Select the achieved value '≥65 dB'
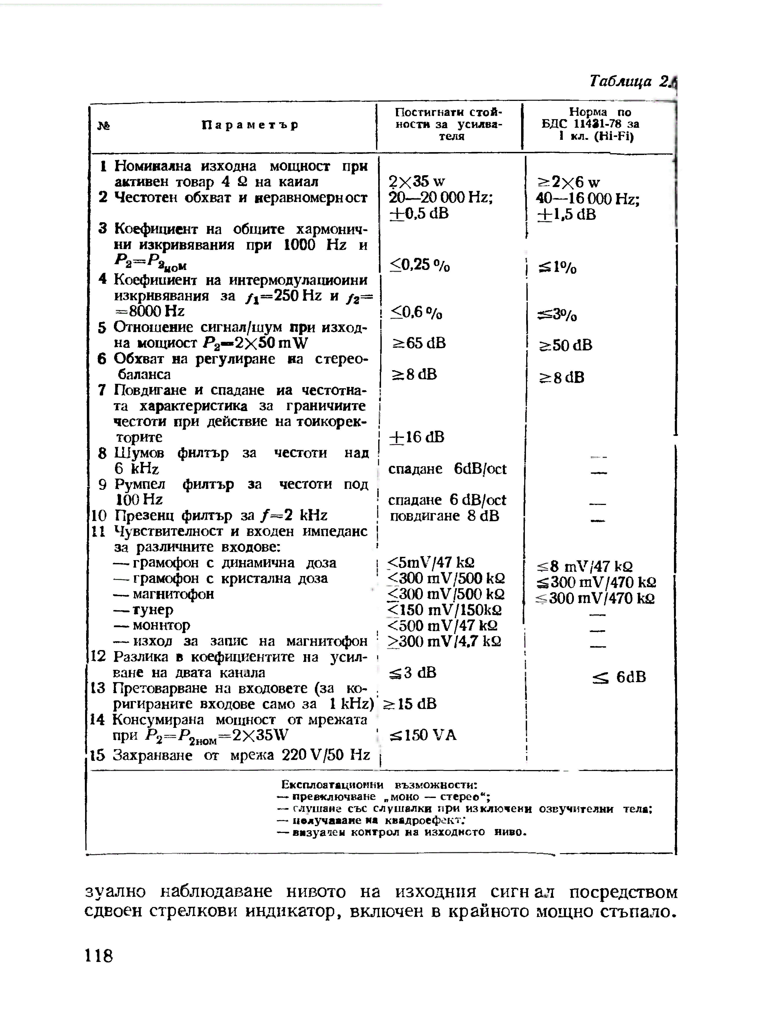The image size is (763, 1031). click(x=419, y=343)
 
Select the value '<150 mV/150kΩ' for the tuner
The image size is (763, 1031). click(x=445, y=610)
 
